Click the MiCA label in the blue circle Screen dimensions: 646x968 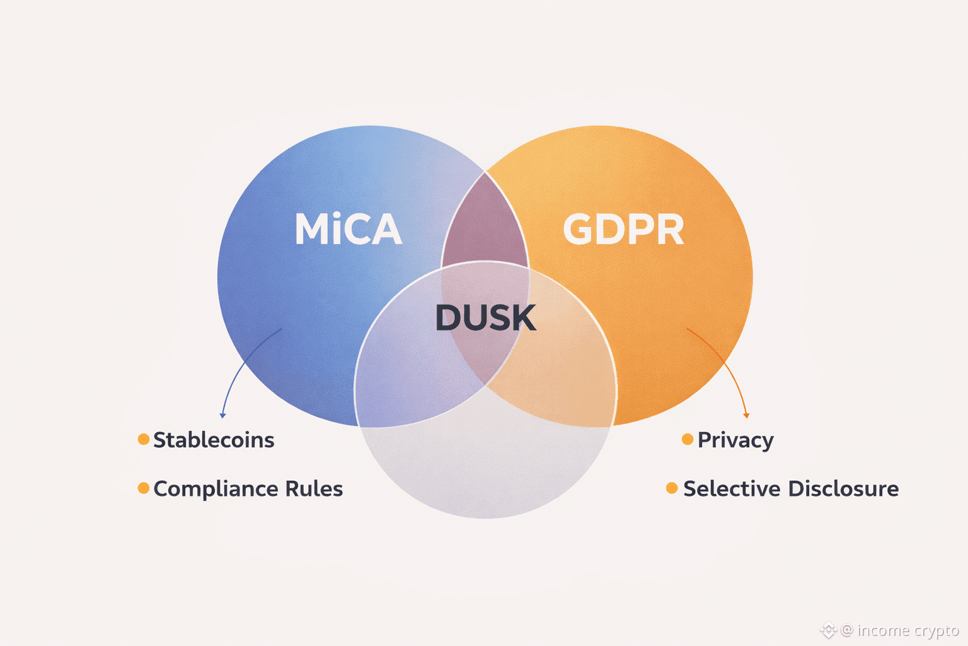coord(348,229)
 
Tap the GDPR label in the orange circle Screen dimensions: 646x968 coord(623,229)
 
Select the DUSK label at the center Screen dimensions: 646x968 coord(485,317)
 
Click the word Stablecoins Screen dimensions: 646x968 coord(214,440)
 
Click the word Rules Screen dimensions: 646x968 coord(314,489)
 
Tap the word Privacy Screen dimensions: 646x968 coord(735,440)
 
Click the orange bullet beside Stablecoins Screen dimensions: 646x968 coord(144,439)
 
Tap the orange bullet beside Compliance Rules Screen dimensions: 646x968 coord(144,488)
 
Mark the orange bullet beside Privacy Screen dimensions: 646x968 coord(688,439)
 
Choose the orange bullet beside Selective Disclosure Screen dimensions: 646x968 coord(672,488)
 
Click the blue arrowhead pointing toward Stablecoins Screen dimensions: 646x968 coord(222,415)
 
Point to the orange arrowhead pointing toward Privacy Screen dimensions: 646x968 coord(747,415)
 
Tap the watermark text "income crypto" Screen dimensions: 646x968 coord(907,630)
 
